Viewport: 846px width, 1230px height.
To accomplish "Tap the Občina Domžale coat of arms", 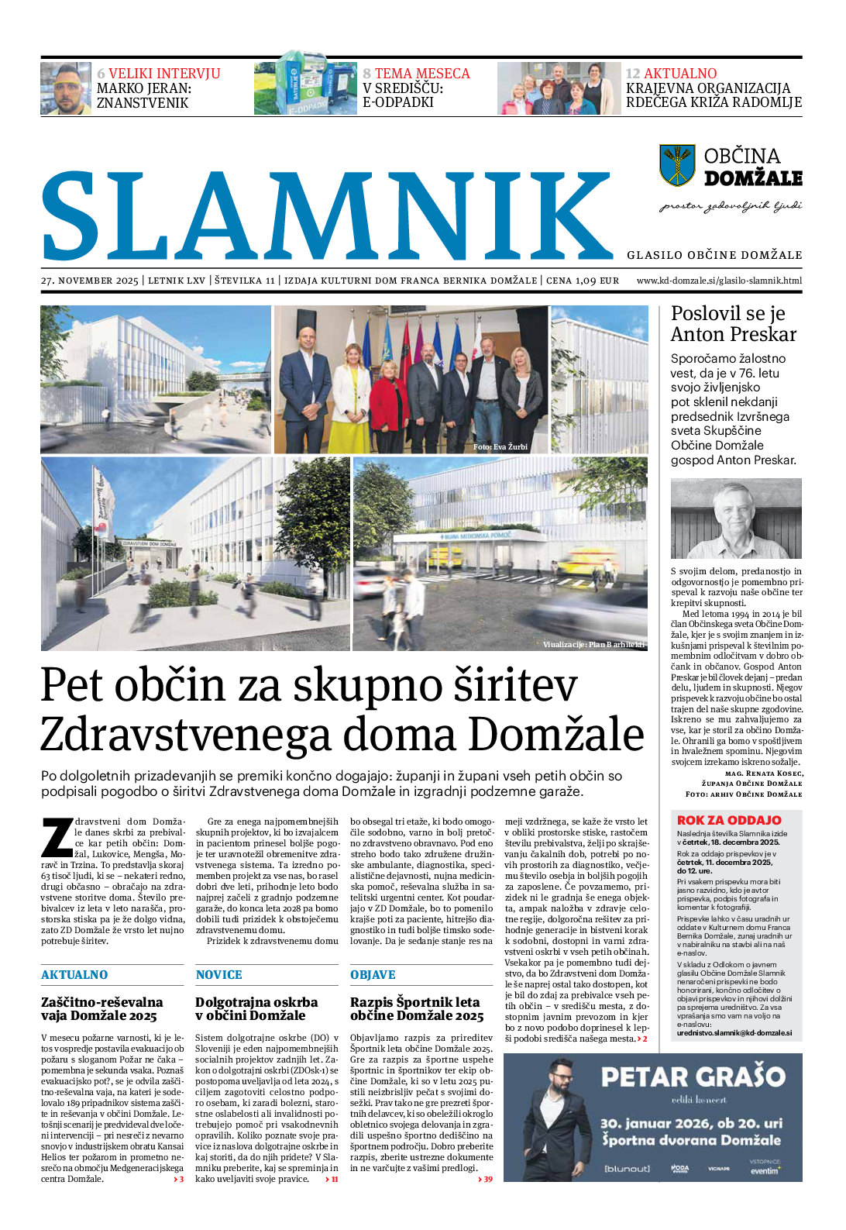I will tap(676, 165).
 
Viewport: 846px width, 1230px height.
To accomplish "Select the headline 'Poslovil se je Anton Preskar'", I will tap(733, 324).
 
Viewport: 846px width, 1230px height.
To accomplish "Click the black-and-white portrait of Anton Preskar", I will tap(735, 519).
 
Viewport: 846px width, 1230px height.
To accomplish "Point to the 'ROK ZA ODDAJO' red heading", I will tap(729, 820).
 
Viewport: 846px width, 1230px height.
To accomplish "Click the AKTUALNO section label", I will tap(74, 975).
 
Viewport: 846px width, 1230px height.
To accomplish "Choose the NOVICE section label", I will tap(218, 975).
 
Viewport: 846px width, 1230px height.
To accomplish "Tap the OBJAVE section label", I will tap(373, 975).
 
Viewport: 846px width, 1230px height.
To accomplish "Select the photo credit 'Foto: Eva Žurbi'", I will tap(500, 447).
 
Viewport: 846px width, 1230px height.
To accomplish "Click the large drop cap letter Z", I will tap(57, 837).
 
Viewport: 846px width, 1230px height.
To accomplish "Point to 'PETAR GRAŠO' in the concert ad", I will tap(693, 1077).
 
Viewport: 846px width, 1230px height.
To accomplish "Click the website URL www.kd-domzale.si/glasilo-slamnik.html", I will tap(719, 281).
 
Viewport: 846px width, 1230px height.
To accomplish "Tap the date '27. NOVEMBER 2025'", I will tap(90, 281).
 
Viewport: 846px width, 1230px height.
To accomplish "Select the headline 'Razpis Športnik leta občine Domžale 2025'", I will tap(416, 1008).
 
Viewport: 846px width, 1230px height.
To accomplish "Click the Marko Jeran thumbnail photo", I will tap(66, 89).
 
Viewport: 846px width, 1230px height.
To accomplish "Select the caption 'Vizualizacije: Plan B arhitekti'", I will tap(593, 645).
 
